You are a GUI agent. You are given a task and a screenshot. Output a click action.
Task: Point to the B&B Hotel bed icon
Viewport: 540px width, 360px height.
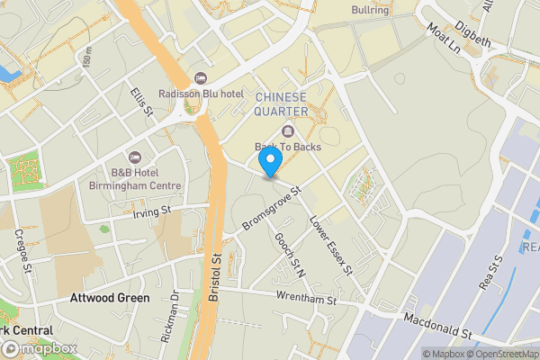(x=136, y=157)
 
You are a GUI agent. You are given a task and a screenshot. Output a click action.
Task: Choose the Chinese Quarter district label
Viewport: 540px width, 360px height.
(x=282, y=103)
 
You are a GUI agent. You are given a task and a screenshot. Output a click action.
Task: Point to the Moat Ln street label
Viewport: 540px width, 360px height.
(x=444, y=39)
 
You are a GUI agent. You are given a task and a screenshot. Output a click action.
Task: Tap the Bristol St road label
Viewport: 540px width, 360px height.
(x=216, y=270)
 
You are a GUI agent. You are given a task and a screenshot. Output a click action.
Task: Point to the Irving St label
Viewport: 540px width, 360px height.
(x=150, y=212)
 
